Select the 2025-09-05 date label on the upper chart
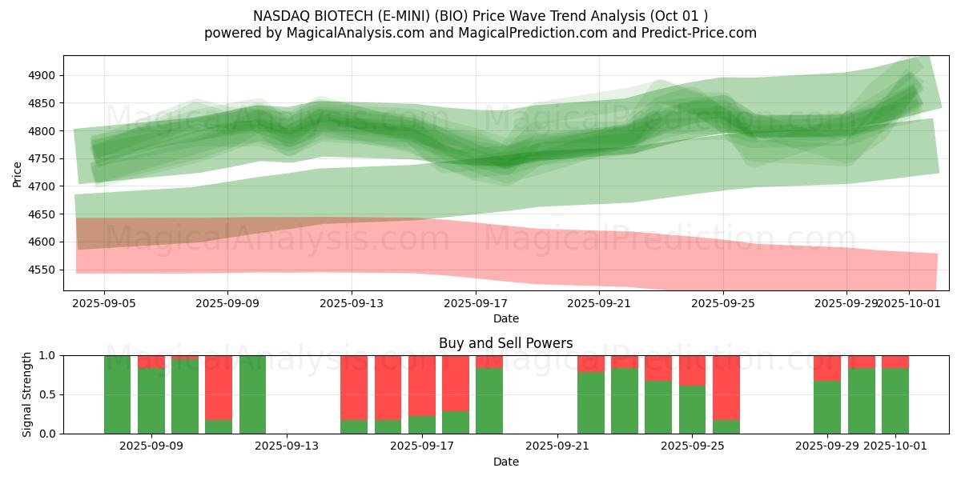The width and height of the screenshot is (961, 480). (x=103, y=304)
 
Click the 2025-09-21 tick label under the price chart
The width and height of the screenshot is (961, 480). (x=599, y=304)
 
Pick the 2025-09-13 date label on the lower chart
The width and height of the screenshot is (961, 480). (x=286, y=446)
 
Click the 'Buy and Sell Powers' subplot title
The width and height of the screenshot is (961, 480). (x=505, y=343)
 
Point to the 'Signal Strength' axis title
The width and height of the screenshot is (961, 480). (x=27, y=394)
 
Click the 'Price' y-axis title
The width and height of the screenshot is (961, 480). (x=17, y=174)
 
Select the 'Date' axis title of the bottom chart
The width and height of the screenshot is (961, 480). (x=505, y=462)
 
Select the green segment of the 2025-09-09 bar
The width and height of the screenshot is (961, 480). (x=151, y=400)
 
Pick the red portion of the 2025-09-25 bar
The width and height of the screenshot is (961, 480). (x=692, y=370)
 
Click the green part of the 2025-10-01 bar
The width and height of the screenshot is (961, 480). (x=895, y=400)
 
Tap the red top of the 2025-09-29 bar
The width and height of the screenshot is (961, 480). (x=827, y=367)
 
